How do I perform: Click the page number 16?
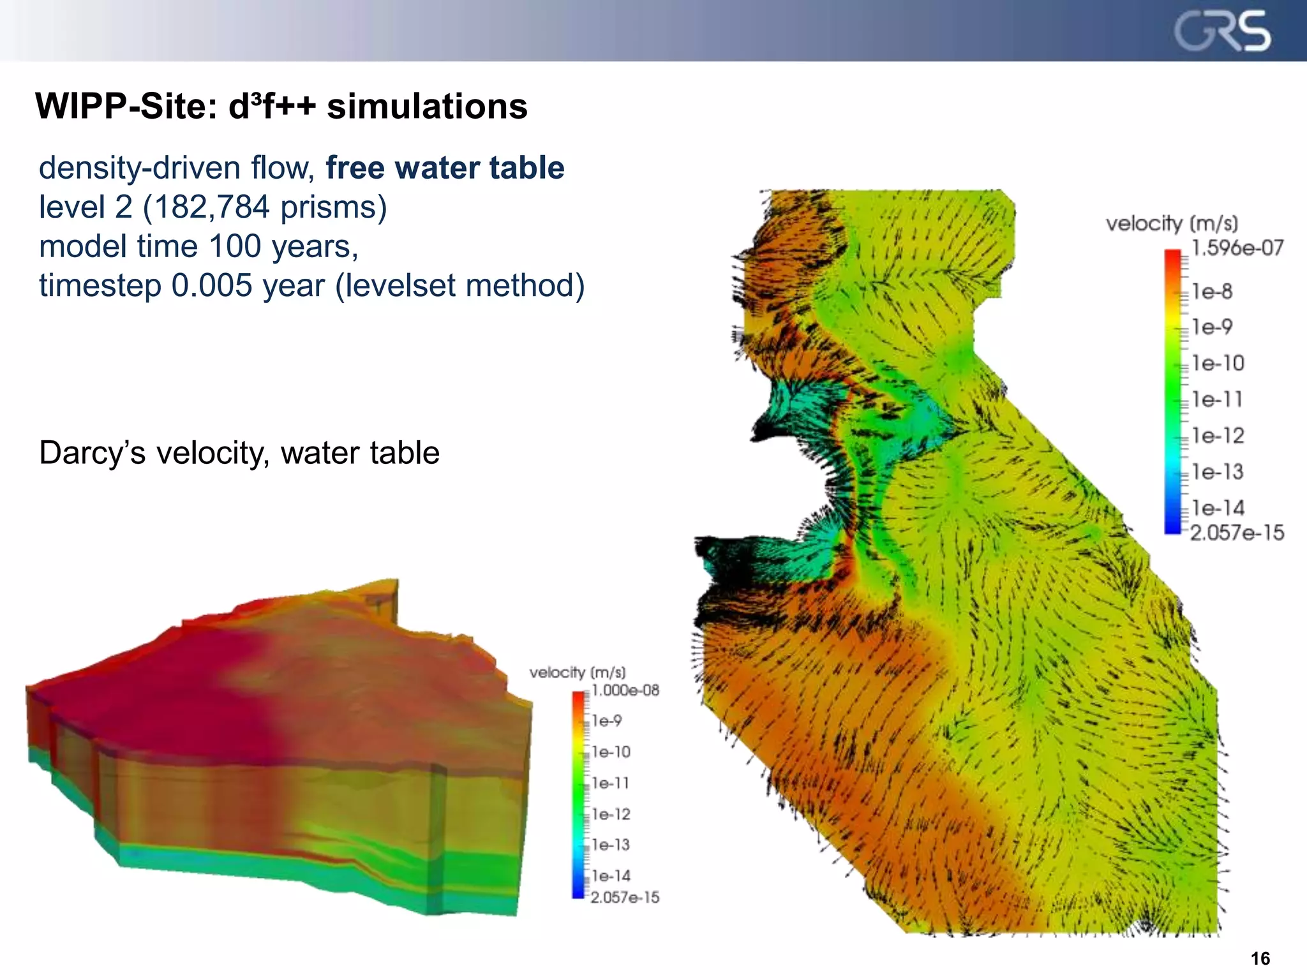[1260, 958]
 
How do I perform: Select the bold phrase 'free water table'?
[445, 168]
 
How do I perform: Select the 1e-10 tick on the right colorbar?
[1218, 364]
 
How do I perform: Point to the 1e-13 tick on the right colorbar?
[1218, 472]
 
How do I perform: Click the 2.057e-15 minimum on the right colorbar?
[1237, 532]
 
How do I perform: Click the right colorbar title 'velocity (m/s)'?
[1172, 223]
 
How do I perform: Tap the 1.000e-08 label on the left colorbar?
[625, 690]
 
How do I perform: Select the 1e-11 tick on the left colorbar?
[611, 783]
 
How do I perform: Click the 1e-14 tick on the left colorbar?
[611, 875]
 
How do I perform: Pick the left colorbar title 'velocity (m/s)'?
[578, 672]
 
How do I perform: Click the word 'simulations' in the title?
[427, 106]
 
